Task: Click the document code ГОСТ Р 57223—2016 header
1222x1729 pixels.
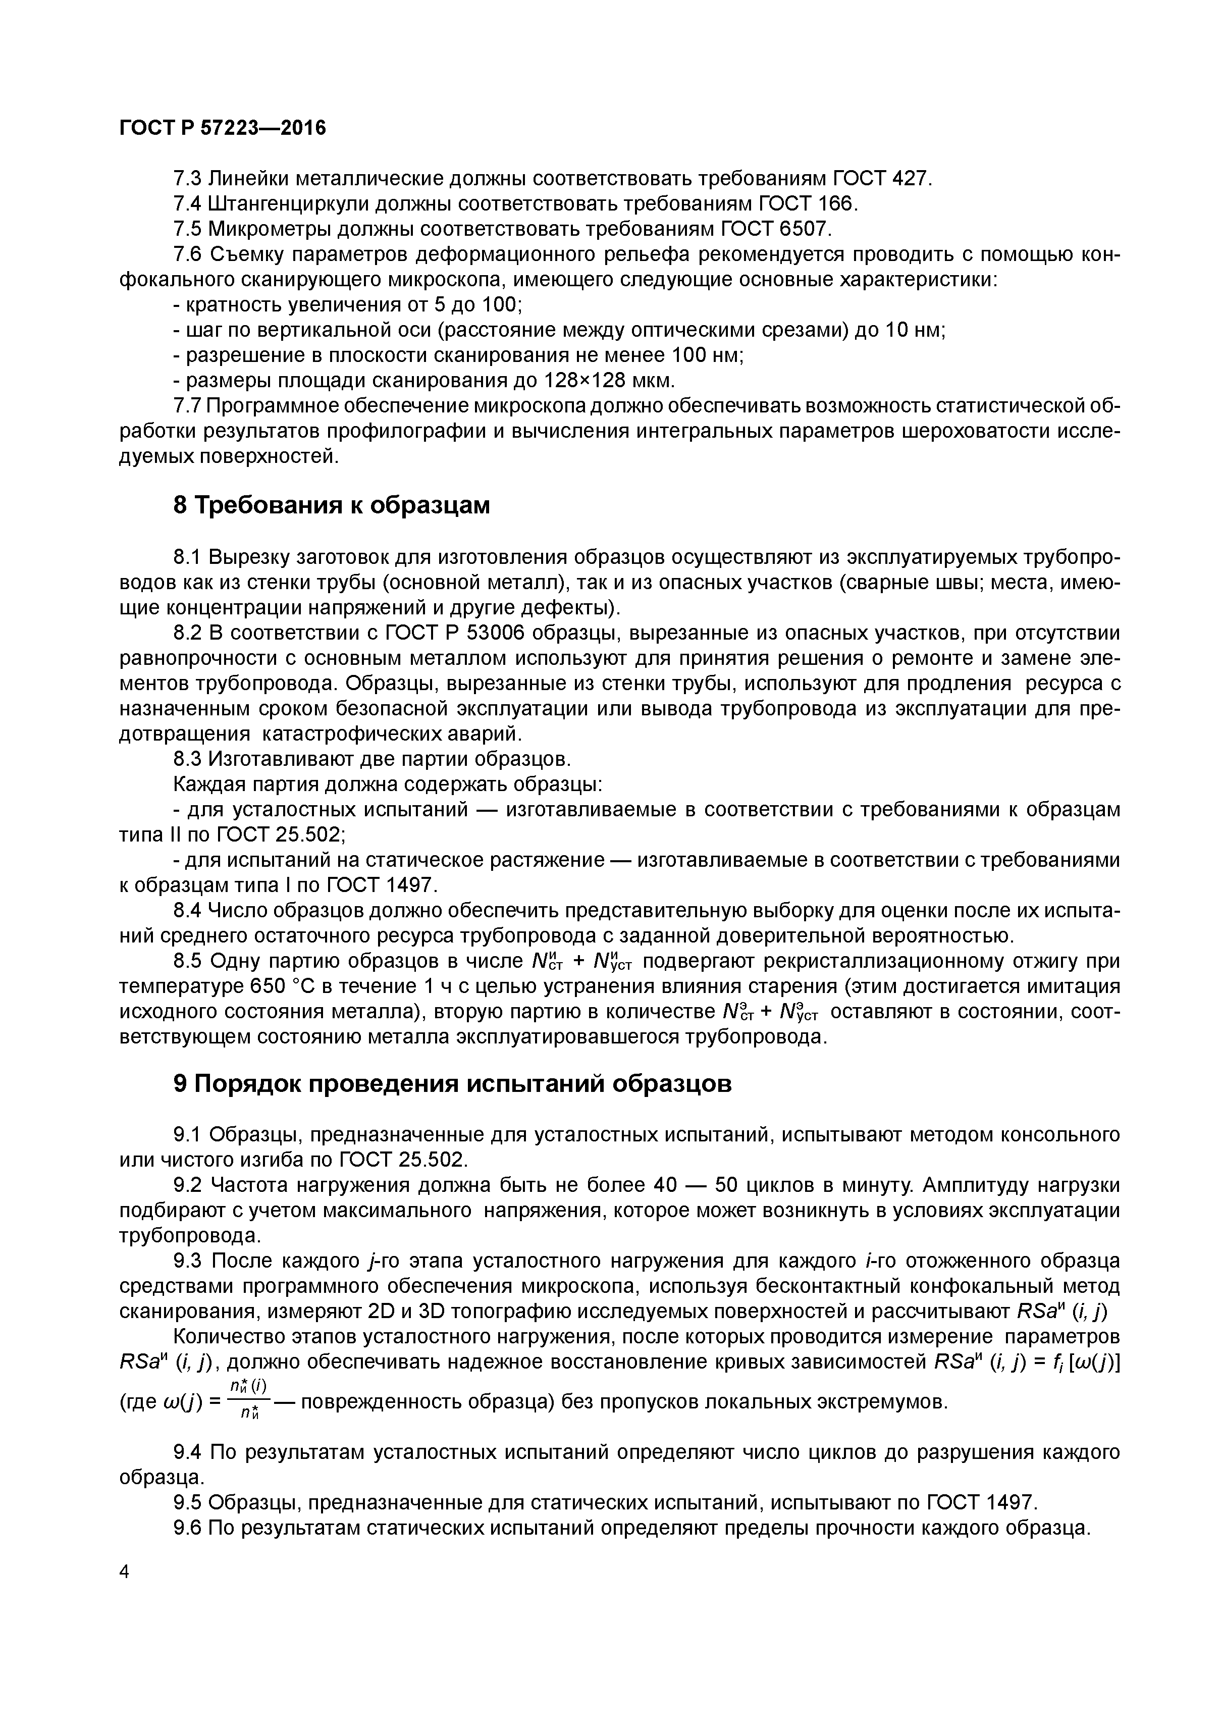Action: [x=223, y=129]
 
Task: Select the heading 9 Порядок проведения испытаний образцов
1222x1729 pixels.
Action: [x=452, y=1084]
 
